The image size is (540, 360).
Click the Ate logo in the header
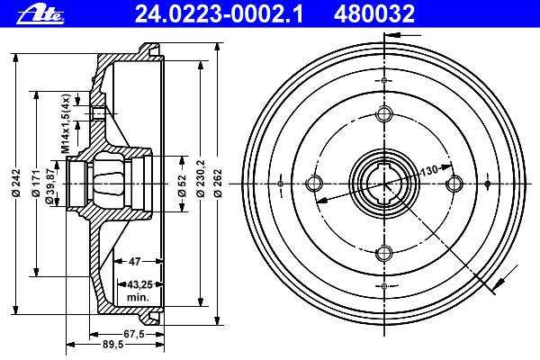pos(41,14)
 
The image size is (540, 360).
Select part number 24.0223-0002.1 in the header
pos(219,14)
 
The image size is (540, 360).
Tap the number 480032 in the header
pos(374,14)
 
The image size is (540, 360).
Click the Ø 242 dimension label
pos(17,183)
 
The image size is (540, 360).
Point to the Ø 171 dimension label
pos(36,183)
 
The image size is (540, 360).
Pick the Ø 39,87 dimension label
pos(49,184)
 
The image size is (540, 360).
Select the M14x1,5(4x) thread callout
pos(66,123)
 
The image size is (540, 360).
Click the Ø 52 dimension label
pos(182,185)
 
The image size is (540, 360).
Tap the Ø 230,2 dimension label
pos(200,178)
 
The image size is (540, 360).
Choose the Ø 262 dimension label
pos(218,183)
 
